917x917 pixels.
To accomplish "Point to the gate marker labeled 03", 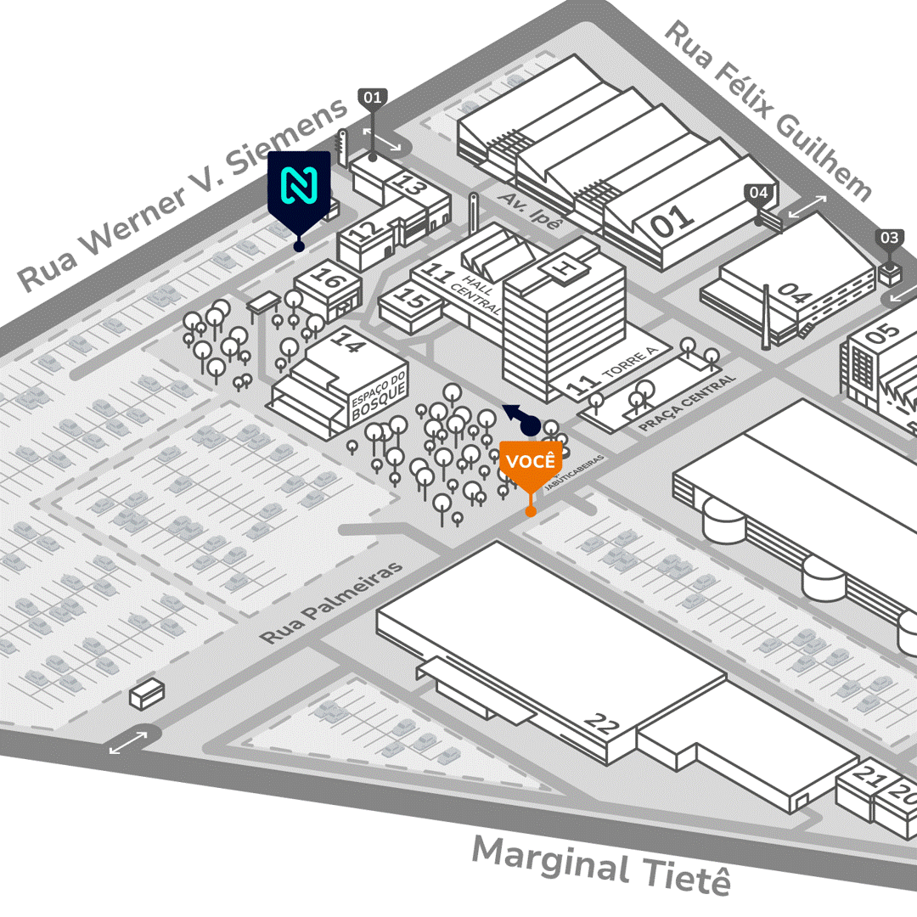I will pos(889,239).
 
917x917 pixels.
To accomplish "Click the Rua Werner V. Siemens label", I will pos(183,194).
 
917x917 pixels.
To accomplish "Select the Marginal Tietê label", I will pos(601,864).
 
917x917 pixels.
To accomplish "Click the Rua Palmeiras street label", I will pos(332,602).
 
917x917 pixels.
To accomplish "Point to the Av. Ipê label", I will pos(532,210).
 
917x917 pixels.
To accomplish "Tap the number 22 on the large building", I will pos(603,723).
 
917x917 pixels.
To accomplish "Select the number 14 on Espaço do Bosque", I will pos(346,341).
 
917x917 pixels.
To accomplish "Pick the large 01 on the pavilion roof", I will pos(673,220).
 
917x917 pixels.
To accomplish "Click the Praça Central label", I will pos(687,402).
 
